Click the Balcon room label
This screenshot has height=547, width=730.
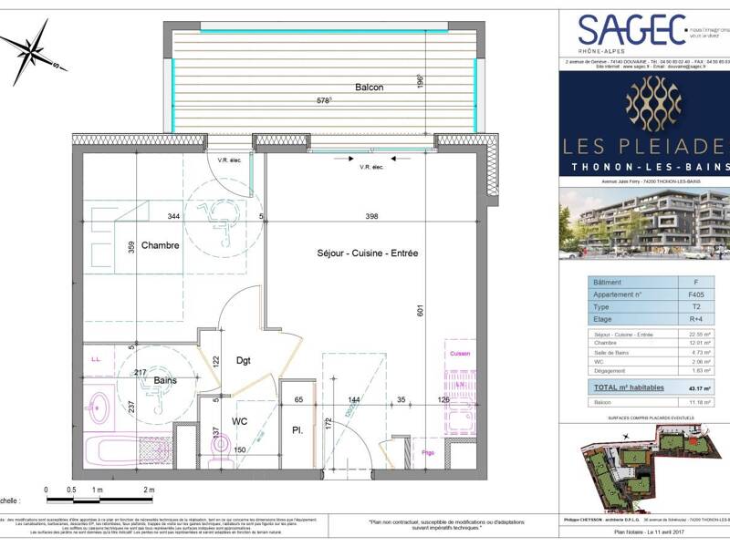(x=369, y=88)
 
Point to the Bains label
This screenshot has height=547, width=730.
(x=165, y=380)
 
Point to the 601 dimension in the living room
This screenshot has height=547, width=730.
(x=421, y=311)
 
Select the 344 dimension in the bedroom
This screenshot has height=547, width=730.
(x=172, y=217)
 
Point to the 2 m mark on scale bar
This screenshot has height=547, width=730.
(x=150, y=490)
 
